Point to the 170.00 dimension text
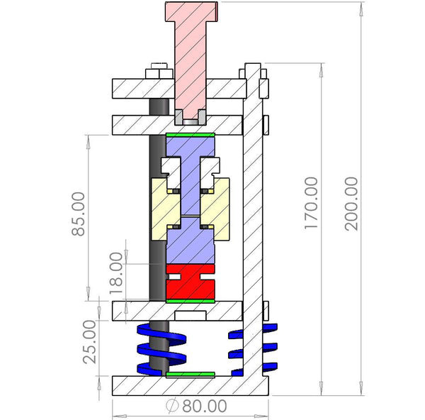tap(311, 204)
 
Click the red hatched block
tap(189, 282)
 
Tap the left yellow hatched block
tap(164, 209)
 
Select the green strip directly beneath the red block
tap(189, 301)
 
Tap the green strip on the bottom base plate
tap(189, 373)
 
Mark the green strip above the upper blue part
tap(189, 133)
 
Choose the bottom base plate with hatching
tap(190, 385)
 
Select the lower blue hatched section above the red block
tap(189, 245)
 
